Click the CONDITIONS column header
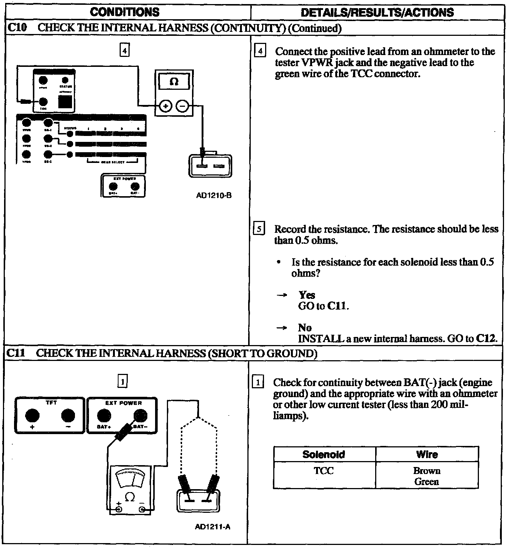(125, 12)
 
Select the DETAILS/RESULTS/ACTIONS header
(377, 13)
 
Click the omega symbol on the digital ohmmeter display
(174, 81)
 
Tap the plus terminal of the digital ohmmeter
(166, 106)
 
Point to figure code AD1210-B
(214, 195)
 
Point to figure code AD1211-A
(212, 527)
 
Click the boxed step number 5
(259, 229)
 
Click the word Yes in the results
(306, 295)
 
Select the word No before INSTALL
(305, 328)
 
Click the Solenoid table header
(323, 454)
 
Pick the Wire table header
(427, 454)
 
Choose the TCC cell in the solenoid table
(323, 471)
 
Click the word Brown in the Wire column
(427, 471)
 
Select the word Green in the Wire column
(427, 482)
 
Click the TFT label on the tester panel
(51, 403)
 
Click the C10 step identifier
(17, 28)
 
